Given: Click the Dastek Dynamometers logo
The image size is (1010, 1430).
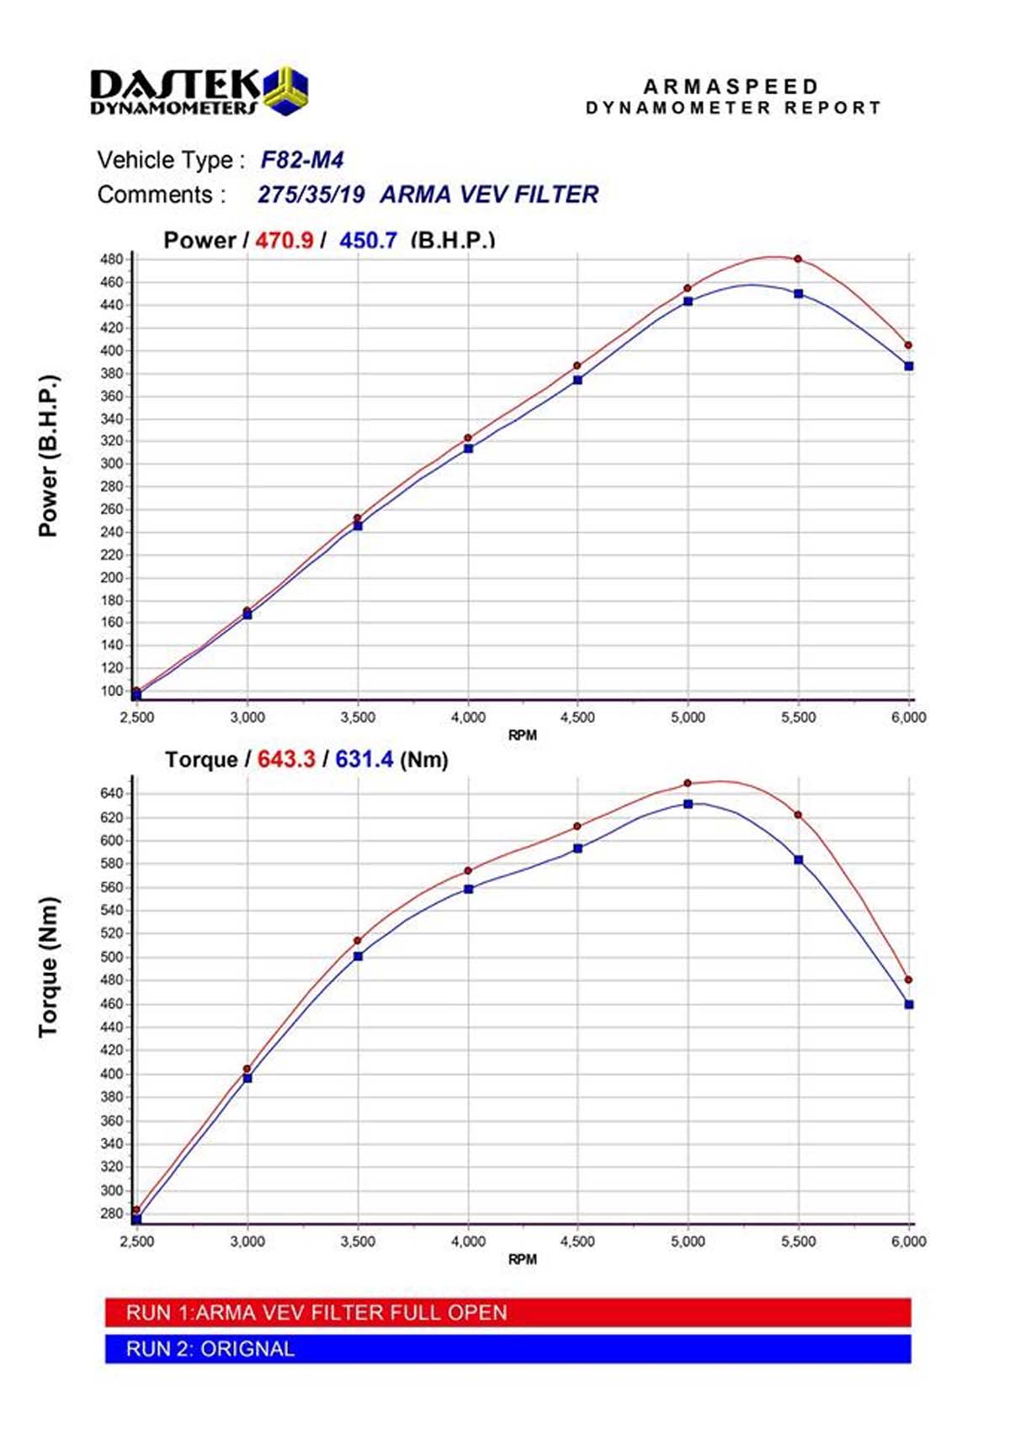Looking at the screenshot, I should [x=199, y=91].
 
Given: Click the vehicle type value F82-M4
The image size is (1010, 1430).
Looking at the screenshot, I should [x=301, y=160].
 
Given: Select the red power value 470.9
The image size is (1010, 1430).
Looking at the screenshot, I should [x=284, y=241].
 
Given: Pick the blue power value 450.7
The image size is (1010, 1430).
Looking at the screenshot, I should [x=368, y=241].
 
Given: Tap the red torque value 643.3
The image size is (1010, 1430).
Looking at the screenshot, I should [x=286, y=759].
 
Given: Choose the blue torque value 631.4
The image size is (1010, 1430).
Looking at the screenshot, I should [x=364, y=759].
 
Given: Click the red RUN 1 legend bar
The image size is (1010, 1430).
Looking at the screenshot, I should [x=508, y=1312].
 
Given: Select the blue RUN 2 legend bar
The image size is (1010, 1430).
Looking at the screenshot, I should [x=508, y=1348].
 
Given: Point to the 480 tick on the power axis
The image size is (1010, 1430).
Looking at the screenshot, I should [x=111, y=259].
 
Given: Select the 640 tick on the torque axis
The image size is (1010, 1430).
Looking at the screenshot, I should [x=111, y=794].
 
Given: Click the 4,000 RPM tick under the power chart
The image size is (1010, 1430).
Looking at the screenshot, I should [x=468, y=717].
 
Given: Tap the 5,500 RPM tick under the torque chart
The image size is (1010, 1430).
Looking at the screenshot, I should [x=798, y=1241].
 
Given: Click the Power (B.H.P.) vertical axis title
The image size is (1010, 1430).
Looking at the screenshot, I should [x=49, y=455].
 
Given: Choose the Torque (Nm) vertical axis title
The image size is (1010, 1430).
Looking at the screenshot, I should [x=49, y=966].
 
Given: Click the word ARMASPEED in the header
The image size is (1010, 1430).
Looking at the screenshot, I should [x=731, y=87].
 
